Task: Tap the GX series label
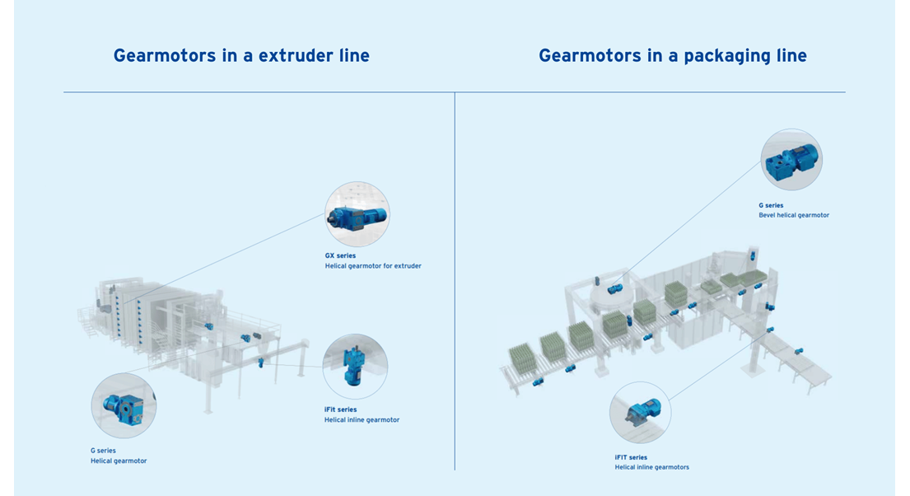click(x=340, y=255)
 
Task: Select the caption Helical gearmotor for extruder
click(x=373, y=266)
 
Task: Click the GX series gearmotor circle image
click(x=357, y=214)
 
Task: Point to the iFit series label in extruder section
click(x=340, y=409)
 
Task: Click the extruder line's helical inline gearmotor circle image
click(x=355, y=367)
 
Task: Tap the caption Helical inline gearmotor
click(x=362, y=420)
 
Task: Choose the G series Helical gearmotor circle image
click(x=124, y=405)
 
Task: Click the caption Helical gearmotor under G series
click(x=119, y=461)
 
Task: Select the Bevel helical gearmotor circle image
click(x=791, y=159)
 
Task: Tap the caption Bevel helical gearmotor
click(x=794, y=216)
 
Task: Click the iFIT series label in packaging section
click(x=631, y=457)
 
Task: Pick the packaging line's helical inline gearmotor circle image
click(x=640, y=413)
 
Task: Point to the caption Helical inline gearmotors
click(x=651, y=467)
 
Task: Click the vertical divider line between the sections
click(x=455, y=281)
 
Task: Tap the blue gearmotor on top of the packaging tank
click(x=614, y=288)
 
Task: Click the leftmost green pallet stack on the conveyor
click(x=522, y=359)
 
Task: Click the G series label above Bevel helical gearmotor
click(x=771, y=206)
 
